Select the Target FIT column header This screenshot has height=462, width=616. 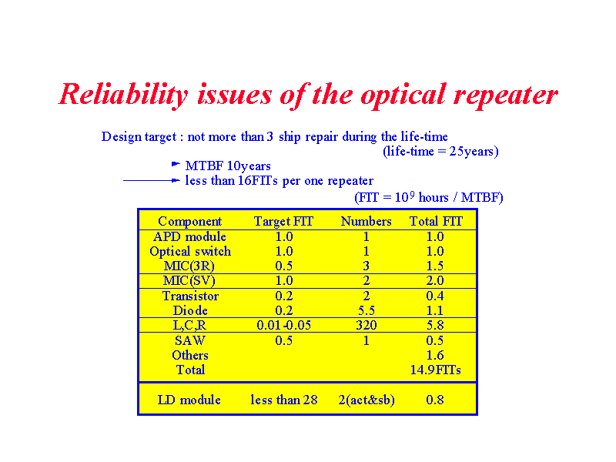click(x=283, y=222)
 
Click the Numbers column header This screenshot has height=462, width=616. click(x=367, y=221)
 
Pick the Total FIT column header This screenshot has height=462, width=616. click(x=436, y=221)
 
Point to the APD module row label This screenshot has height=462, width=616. click(x=189, y=236)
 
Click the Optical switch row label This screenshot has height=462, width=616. click(x=190, y=252)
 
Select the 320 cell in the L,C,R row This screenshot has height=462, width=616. click(x=367, y=325)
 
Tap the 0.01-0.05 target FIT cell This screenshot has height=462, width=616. click(x=283, y=325)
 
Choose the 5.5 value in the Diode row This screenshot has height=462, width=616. click(x=367, y=311)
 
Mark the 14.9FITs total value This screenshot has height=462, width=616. click(x=435, y=370)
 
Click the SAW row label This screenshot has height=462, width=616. click(x=190, y=340)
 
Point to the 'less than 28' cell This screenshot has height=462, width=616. click(x=284, y=400)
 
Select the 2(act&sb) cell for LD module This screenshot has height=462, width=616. click(x=367, y=400)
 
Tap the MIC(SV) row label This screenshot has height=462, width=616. click(x=189, y=281)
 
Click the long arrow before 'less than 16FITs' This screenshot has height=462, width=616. click(x=152, y=180)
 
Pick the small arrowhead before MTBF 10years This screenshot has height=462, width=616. click(x=176, y=164)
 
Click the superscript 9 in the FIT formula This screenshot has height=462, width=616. click(x=412, y=193)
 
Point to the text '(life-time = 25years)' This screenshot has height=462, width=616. click(x=440, y=151)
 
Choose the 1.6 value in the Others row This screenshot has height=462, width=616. click(x=435, y=355)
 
